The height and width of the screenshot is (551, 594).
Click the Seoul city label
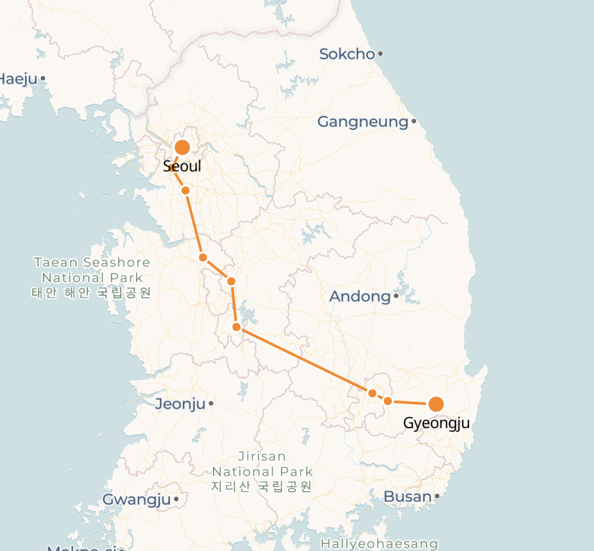click(x=182, y=166)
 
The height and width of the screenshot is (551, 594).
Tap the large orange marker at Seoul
click(x=182, y=147)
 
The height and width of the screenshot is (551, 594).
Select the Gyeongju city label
click(x=436, y=423)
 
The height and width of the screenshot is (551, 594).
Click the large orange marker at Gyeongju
click(x=436, y=404)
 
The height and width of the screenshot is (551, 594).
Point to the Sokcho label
click(x=347, y=54)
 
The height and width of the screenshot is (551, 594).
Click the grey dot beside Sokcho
click(x=381, y=53)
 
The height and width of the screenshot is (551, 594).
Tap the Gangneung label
click(x=363, y=122)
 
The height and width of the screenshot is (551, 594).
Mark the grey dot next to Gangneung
click(x=414, y=121)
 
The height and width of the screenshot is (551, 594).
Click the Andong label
click(x=360, y=297)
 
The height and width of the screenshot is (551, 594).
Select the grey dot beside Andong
click(x=396, y=296)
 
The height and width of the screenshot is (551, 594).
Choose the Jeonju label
click(x=180, y=404)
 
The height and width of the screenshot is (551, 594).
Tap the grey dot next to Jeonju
click(x=211, y=404)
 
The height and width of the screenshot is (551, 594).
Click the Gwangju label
click(x=137, y=500)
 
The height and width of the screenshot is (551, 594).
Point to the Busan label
click(x=407, y=496)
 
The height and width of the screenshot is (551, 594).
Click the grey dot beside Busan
click(x=437, y=496)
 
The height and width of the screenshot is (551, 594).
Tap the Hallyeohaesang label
click(x=379, y=544)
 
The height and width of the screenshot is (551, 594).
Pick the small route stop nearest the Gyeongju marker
click(x=388, y=401)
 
